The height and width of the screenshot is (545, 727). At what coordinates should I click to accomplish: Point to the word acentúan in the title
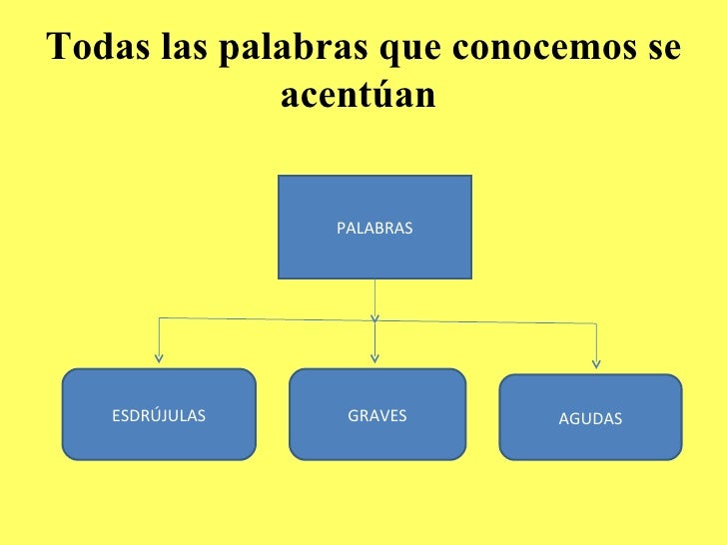point(360,97)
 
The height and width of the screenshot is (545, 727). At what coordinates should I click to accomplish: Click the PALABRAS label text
point(374,229)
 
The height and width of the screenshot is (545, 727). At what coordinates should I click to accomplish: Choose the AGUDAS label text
point(590,419)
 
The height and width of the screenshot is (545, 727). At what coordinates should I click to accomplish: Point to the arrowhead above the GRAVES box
point(375,355)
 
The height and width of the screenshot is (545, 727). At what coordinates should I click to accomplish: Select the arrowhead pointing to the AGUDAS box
point(597,362)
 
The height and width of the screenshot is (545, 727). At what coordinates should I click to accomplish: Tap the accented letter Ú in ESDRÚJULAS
point(151,415)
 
